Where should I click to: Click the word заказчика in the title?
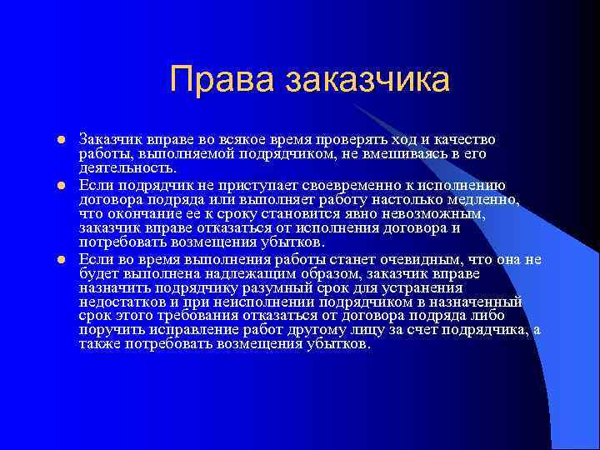click(x=367, y=80)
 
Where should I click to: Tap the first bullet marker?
click(x=61, y=138)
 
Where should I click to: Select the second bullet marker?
click(x=61, y=184)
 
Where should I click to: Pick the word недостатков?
click(x=122, y=302)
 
